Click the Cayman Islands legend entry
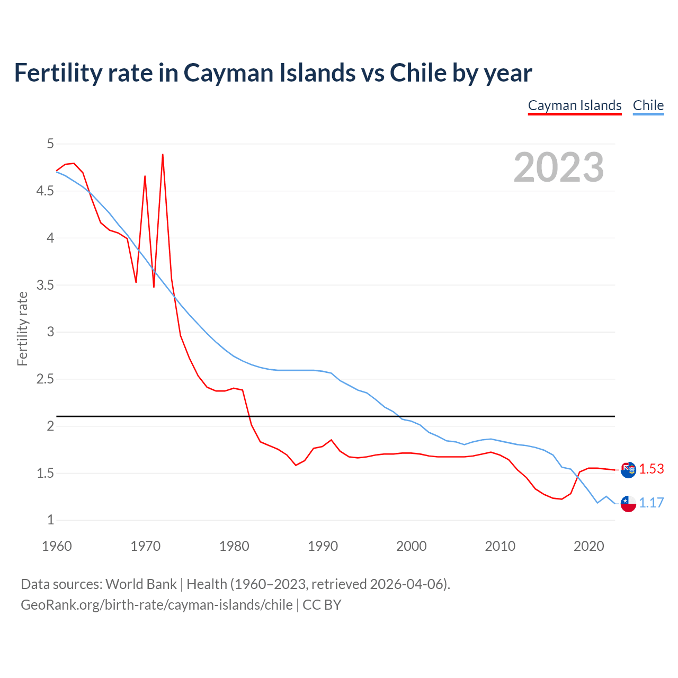click(x=574, y=105)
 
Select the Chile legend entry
click(x=648, y=105)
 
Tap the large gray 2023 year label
click(x=558, y=167)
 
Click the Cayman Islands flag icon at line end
click(x=628, y=470)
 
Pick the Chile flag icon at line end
click(x=628, y=504)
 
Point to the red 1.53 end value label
click(x=651, y=469)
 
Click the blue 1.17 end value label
click(x=651, y=503)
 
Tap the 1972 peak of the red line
click(x=163, y=155)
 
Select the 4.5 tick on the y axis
click(x=45, y=191)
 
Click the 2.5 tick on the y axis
click(x=45, y=379)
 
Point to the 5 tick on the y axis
click(x=50, y=144)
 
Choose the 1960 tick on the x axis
click(x=57, y=546)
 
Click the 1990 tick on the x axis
click(x=323, y=546)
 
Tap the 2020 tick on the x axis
click(x=588, y=546)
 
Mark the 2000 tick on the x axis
click(x=411, y=546)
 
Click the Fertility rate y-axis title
click(x=22, y=328)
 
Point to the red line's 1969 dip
click(x=136, y=282)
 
